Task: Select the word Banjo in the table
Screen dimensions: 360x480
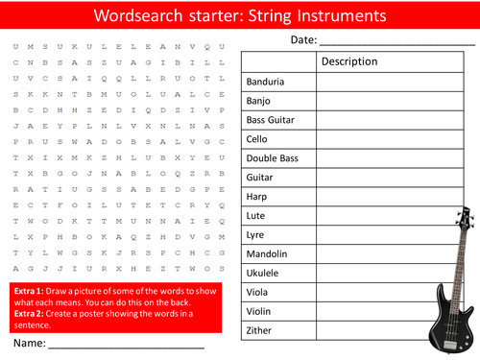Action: click(x=259, y=101)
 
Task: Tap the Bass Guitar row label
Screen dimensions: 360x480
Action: click(x=270, y=120)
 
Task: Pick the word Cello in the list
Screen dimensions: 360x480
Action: click(x=258, y=139)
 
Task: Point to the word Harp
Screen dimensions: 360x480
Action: click(x=256, y=197)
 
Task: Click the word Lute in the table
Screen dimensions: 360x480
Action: click(x=255, y=216)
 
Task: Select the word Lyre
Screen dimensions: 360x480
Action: click(x=255, y=235)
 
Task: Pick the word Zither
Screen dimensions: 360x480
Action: click(x=259, y=331)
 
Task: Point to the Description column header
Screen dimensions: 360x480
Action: click(x=349, y=61)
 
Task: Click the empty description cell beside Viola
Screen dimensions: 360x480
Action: click(x=374, y=293)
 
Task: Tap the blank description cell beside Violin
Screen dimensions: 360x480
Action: click(x=374, y=312)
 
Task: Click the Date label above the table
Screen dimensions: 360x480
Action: click(x=303, y=39)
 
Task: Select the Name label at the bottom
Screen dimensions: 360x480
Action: click(x=29, y=341)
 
